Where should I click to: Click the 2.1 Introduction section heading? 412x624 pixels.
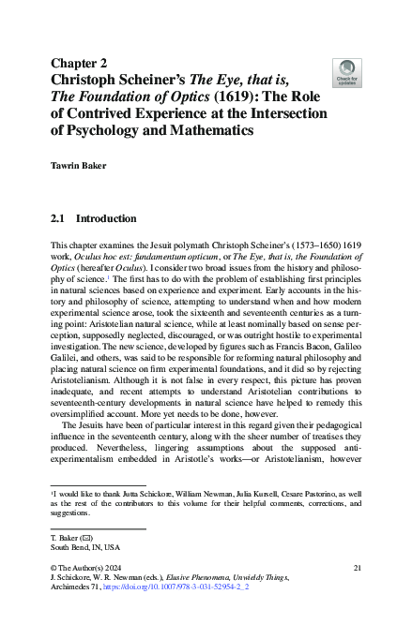click(x=93, y=219)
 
